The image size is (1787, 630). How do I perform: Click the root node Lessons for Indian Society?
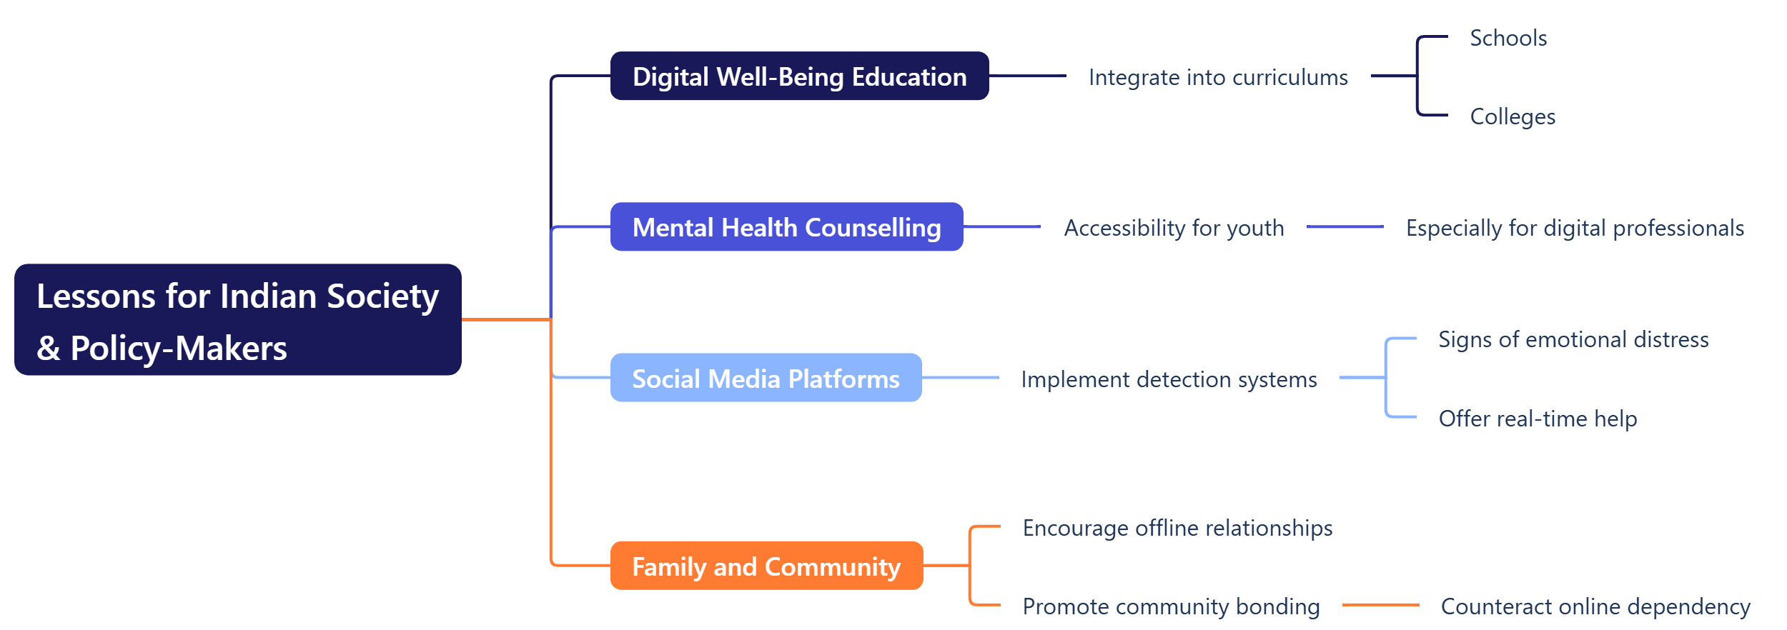pyautogui.click(x=238, y=319)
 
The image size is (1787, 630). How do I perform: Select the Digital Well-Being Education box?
pyautogui.click(x=799, y=76)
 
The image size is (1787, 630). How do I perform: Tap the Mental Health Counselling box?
pyautogui.click(x=786, y=226)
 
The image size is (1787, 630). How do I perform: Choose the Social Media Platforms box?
pyautogui.click(x=766, y=377)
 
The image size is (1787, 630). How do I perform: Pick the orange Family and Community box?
pyautogui.click(x=766, y=566)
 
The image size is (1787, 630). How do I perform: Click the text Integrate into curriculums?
pyautogui.click(x=1218, y=77)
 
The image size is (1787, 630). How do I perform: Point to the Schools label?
pyautogui.click(x=1508, y=38)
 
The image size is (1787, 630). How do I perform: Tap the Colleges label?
pyautogui.click(x=1513, y=116)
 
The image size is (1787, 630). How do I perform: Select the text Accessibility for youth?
pyautogui.click(x=1174, y=228)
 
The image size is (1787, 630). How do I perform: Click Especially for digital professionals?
pyautogui.click(x=1575, y=228)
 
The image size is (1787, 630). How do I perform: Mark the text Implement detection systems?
pyautogui.click(x=1169, y=379)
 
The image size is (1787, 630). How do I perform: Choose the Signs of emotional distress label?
pyautogui.click(x=1573, y=339)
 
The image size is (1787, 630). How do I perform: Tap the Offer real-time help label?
pyautogui.click(x=1538, y=419)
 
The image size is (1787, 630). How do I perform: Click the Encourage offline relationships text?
pyautogui.click(x=1177, y=528)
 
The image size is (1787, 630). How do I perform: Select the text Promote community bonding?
pyautogui.click(x=1171, y=606)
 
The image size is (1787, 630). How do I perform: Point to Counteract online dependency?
pyautogui.click(x=1595, y=606)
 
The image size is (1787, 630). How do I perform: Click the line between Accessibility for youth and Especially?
pyautogui.click(x=1345, y=226)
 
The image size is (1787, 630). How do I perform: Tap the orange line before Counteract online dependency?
pyautogui.click(x=1381, y=605)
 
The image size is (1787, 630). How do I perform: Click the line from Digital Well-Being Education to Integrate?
pyautogui.click(x=1028, y=76)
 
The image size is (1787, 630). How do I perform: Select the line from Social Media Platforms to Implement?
pyautogui.click(x=961, y=377)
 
